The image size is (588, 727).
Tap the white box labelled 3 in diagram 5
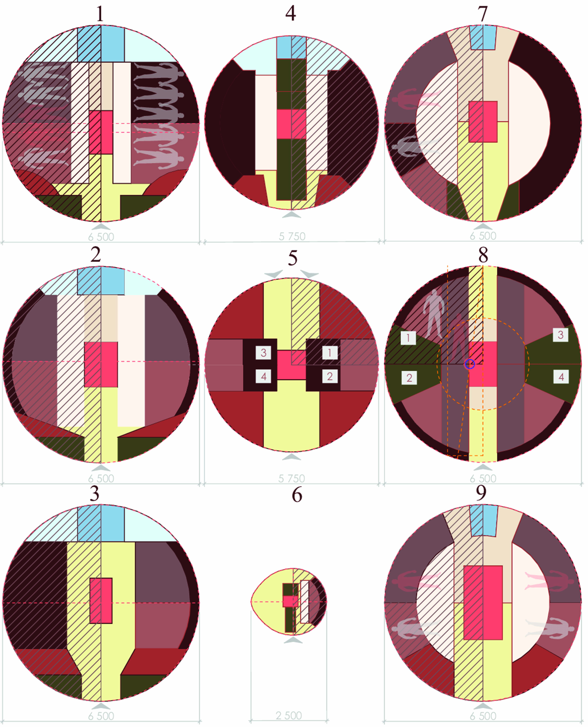[x=264, y=353]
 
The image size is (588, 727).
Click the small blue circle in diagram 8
[x=470, y=364]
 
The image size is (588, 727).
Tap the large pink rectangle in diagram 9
[x=483, y=602]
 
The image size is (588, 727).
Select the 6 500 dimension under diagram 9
[x=483, y=716]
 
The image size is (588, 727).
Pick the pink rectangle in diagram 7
[x=483, y=122]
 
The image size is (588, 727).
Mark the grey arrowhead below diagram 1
[x=101, y=226]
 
